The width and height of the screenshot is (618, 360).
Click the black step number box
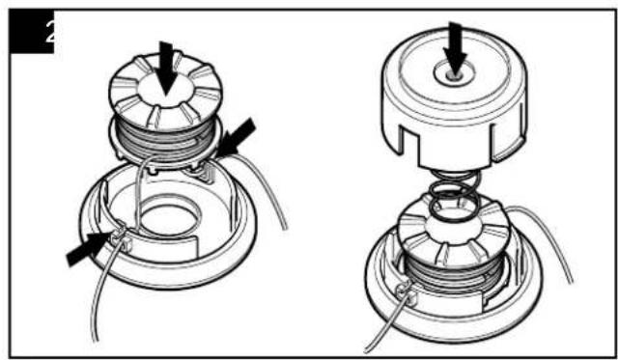tap(32, 32)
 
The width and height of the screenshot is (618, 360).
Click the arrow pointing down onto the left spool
tap(166, 68)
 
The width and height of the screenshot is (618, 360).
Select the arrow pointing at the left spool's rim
tap(236, 137)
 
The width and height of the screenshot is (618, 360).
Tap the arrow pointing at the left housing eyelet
tap(89, 247)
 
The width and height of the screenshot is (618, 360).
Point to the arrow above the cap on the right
tap(455, 48)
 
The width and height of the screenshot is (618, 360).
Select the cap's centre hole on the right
tap(454, 73)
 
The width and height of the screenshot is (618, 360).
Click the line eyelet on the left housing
tap(122, 237)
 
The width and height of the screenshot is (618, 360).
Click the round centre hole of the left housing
tap(171, 216)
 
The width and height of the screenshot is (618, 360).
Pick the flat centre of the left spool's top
tap(166, 90)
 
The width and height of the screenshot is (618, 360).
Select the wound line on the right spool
tap(453, 272)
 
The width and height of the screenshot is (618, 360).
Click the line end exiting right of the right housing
tap(548, 236)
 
